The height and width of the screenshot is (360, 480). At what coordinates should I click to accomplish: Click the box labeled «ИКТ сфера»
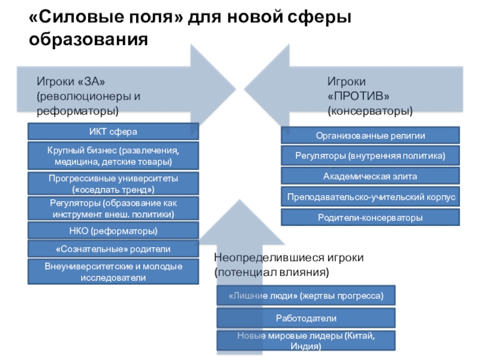(x=113, y=131)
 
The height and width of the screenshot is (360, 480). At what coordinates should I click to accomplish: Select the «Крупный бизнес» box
(x=113, y=156)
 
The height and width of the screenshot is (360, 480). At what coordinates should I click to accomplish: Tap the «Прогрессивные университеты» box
(x=113, y=184)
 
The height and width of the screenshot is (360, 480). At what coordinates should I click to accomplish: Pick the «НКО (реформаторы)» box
(x=113, y=231)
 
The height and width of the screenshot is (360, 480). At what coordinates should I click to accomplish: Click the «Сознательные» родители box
(x=113, y=248)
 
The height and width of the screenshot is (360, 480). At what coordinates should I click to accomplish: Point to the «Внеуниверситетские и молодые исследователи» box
(x=113, y=272)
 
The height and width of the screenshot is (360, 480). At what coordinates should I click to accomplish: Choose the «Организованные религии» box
(x=370, y=136)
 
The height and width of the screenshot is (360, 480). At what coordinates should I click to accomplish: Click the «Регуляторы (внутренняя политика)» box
(x=370, y=155)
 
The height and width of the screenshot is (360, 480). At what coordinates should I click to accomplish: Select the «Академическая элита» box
(x=370, y=176)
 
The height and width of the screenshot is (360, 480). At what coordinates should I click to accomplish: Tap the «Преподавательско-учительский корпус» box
(x=370, y=197)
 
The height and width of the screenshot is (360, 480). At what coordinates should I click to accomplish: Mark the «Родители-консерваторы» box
(x=370, y=217)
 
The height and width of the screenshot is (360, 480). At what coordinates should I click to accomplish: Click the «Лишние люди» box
(x=306, y=296)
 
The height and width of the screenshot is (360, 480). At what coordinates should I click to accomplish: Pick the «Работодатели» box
(x=306, y=318)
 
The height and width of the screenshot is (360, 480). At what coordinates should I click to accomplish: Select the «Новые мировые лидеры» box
(x=306, y=341)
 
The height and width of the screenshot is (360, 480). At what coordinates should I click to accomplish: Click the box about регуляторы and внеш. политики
(x=113, y=208)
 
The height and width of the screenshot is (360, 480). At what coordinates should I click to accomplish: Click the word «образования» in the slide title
(x=88, y=40)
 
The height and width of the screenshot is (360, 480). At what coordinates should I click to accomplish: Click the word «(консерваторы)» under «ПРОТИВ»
(x=370, y=111)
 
